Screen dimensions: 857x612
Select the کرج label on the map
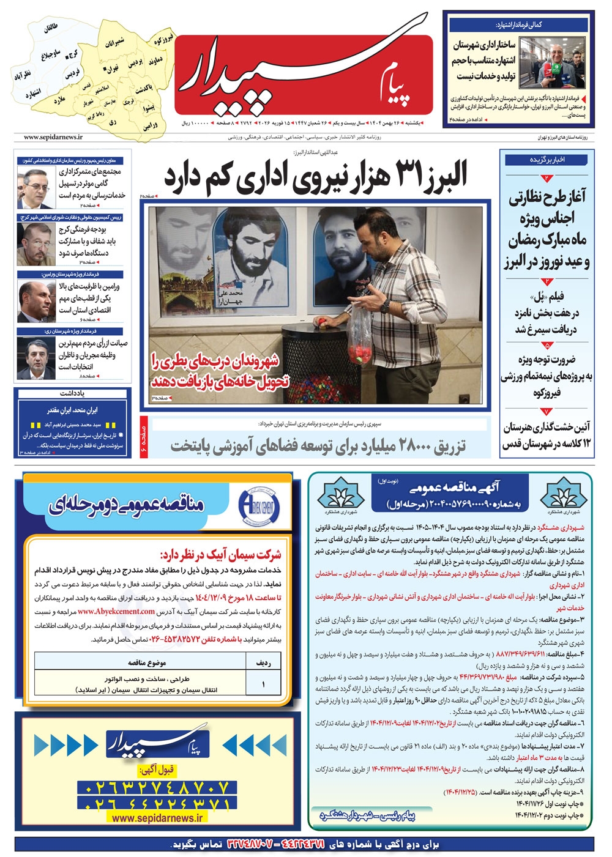(x=72, y=54)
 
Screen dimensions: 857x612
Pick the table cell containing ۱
(x=263, y=684)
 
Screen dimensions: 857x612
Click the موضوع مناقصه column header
(x=147, y=662)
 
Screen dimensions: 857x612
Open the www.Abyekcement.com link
(x=116, y=611)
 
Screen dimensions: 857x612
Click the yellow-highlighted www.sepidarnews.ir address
(x=158, y=818)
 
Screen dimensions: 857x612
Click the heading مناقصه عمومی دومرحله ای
(x=125, y=505)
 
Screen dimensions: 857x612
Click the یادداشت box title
(x=72, y=393)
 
